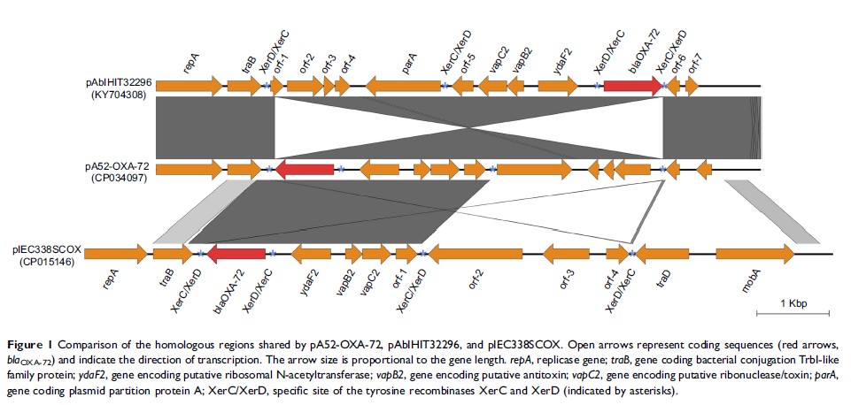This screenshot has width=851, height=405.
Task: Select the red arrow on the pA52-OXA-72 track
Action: coord(305,168)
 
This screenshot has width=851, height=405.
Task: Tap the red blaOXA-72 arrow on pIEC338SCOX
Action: coord(236,254)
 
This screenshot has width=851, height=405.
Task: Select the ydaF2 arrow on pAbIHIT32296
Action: coord(557,86)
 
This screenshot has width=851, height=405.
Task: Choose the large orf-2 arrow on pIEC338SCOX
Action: coord(475,254)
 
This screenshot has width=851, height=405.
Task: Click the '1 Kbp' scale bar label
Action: coord(793,303)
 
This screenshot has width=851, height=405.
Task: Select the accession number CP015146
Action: coord(46,263)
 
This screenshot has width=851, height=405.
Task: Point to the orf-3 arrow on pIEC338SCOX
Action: coord(566,254)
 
